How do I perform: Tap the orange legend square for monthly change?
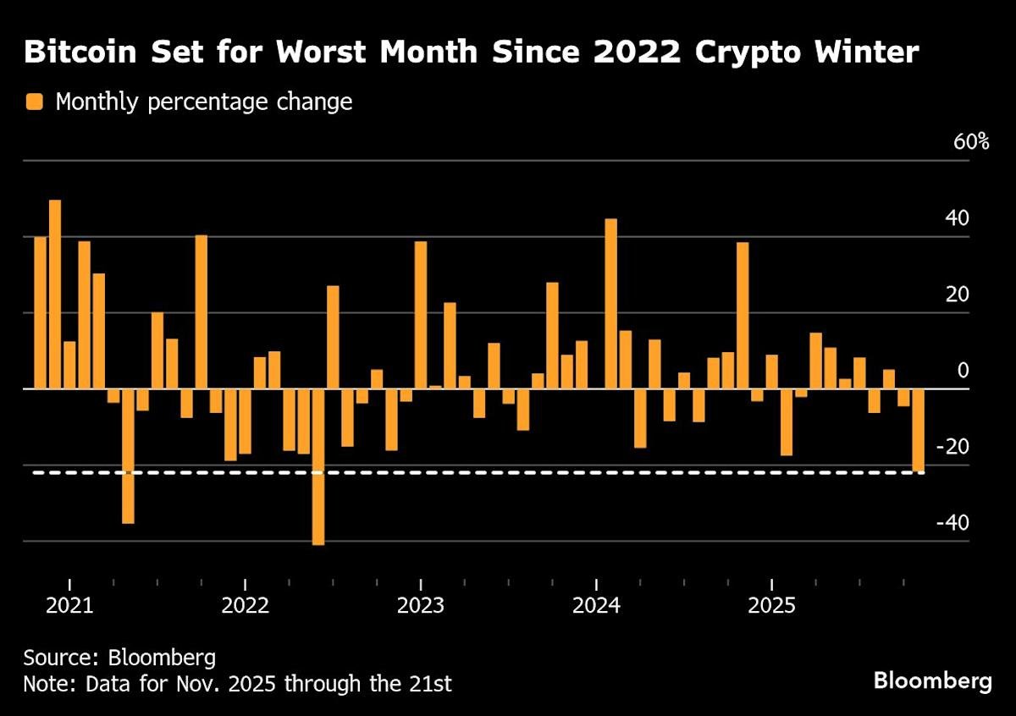point(35,102)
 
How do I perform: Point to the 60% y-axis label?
point(971,141)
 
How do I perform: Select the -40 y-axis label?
point(952,523)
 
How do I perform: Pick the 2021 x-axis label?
point(69,606)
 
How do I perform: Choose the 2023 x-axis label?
point(421,606)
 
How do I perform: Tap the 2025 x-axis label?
point(771,606)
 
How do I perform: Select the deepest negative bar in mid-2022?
point(318,466)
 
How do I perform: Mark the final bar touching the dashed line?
point(918,430)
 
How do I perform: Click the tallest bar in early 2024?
point(610,304)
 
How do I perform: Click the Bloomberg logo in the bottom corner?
point(932,681)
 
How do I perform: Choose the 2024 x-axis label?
point(596,606)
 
